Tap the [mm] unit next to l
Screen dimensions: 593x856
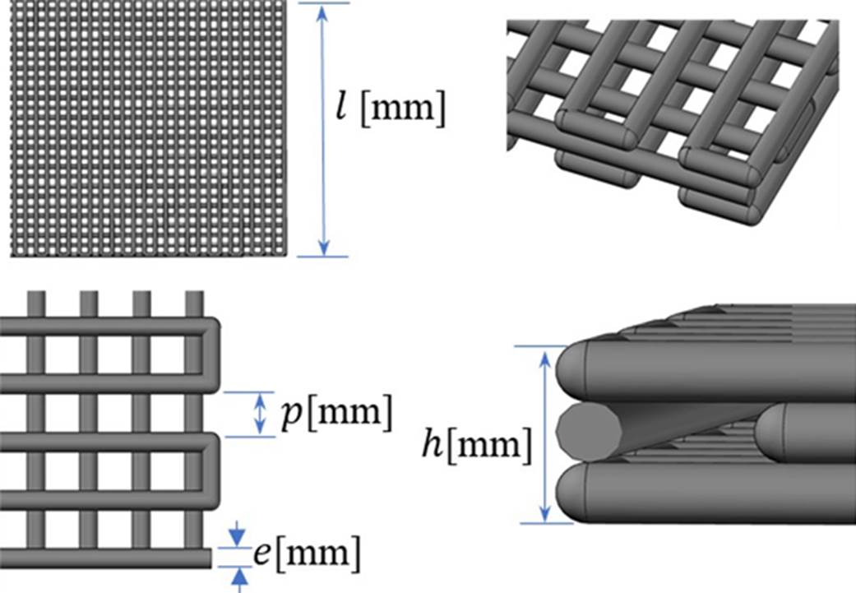click(x=403, y=112)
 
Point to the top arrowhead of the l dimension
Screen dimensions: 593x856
click(x=323, y=12)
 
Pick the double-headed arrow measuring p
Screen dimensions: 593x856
click(x=261, y=414)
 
